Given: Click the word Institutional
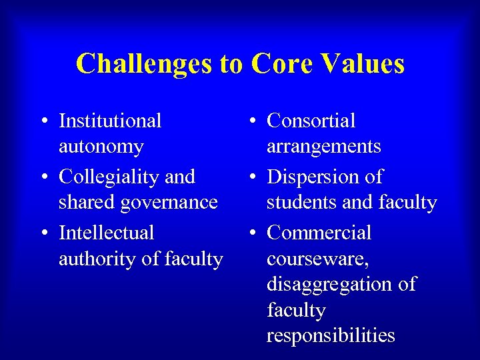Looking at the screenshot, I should (110, 121).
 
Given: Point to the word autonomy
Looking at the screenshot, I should (101, 147).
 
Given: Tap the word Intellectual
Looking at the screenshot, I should (106, 233).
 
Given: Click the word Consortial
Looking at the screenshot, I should (311, 121).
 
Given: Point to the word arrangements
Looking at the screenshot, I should (323, 147).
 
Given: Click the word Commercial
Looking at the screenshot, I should (319, 233).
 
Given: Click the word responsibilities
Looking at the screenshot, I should (331, 335).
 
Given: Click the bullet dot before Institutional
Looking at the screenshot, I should (43, 122).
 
